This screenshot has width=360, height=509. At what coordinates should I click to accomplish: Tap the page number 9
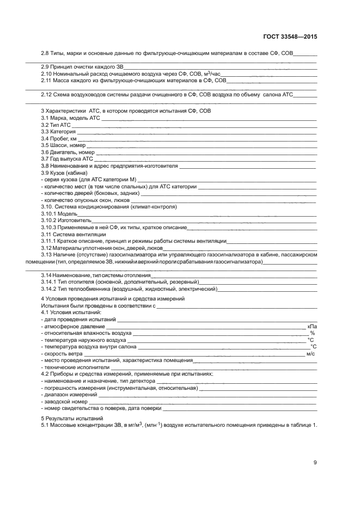(x=315, y=463)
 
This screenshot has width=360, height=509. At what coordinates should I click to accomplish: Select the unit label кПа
(x=312, y=326)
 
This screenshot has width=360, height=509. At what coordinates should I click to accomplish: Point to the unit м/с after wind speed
(x=311, y=354)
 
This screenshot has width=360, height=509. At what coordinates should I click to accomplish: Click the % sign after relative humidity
(x=313, y=333)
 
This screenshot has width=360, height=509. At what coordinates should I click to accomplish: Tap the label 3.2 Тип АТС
(x=56, y=125)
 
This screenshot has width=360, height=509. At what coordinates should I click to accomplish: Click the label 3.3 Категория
(x=58, y=132)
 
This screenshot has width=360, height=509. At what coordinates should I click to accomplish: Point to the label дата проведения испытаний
(x=78, y=319)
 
